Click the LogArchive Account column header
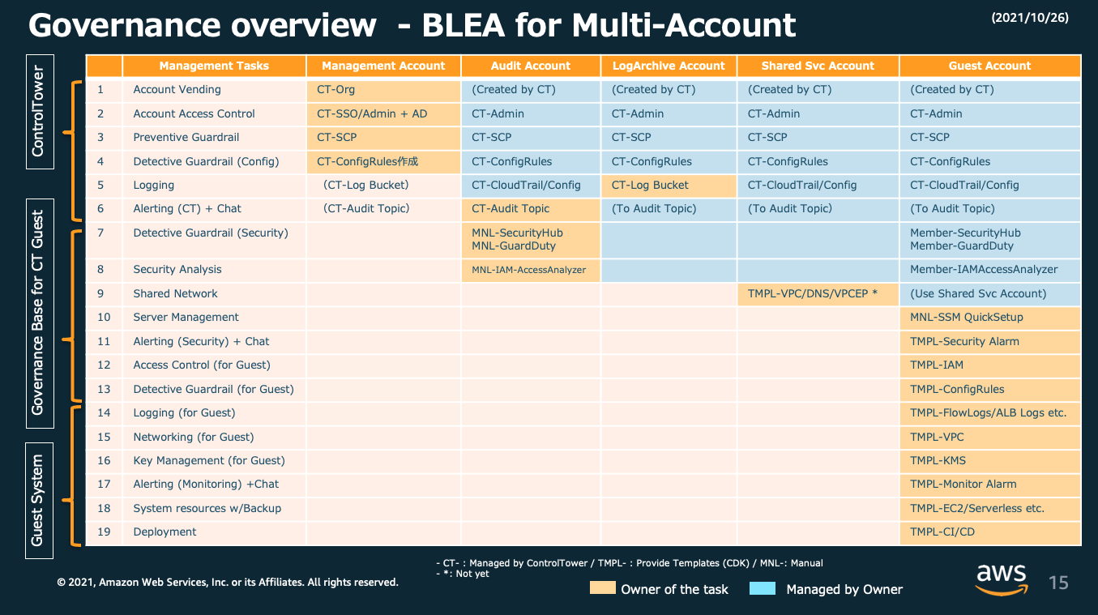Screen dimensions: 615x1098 coord(669,66)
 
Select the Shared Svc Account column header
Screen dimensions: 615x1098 coord(818,66)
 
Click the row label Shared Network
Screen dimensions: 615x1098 coord(175,293)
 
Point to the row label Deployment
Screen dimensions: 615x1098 coord(164,532)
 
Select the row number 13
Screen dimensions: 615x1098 coord(104,389)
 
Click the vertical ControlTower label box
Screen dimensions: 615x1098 coord(39,111)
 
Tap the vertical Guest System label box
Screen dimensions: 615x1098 coord(39,500)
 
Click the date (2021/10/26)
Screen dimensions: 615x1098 coord(1029,17)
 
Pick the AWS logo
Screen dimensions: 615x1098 coord(1002,579)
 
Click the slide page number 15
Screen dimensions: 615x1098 coord(1058,582)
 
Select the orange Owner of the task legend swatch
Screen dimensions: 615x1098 coord(602,589)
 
